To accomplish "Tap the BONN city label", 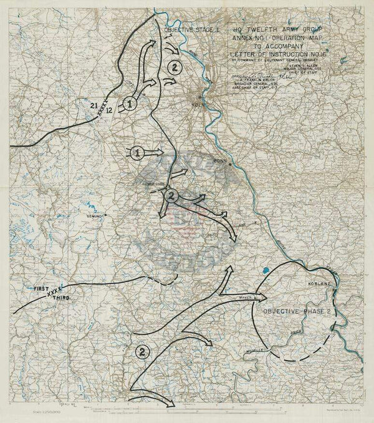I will [x=219, y=160].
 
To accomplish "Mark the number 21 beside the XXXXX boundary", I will [x=94, y=104].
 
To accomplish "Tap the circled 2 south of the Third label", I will [x=141, y=352].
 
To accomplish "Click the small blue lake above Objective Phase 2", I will [x=266, y=271].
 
